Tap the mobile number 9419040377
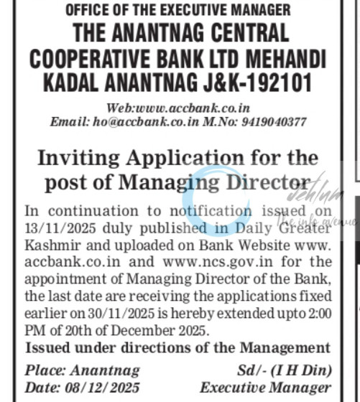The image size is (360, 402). [x=275, y=122]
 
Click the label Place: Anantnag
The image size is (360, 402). [x=70, y=370]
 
